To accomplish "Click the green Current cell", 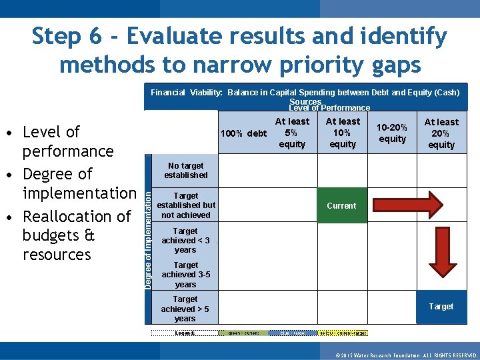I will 341,206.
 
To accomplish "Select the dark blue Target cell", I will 441,307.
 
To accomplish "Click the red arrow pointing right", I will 406,205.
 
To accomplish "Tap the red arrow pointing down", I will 441,253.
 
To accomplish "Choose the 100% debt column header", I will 243,133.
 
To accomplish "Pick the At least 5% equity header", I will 292,133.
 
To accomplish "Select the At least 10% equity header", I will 343,133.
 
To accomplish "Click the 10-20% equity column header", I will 392,133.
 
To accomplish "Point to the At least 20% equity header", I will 441,133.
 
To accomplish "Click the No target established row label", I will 186,171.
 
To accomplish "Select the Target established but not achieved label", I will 186,205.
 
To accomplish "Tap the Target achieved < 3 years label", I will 186,241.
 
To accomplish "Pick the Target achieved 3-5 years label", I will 186,275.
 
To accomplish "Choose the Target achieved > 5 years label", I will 185,309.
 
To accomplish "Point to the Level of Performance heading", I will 329,108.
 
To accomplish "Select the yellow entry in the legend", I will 343,333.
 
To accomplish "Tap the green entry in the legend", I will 243,333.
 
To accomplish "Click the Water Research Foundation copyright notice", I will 407,355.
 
